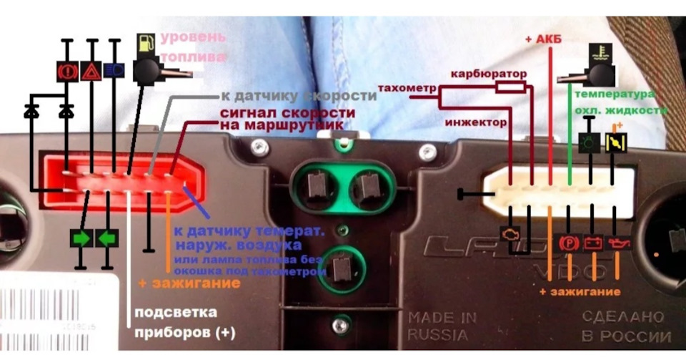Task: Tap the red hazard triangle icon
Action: (91, 70)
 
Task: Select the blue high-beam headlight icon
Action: (113, 70)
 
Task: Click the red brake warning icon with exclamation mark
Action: (67, 70)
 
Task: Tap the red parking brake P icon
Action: (567, 241)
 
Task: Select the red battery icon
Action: (592, 242)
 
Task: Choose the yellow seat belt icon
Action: (613, 142)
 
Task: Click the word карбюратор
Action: (488, 74)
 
